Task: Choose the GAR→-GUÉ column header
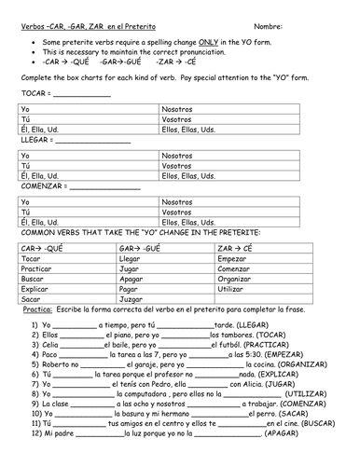[x=141, y=248]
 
